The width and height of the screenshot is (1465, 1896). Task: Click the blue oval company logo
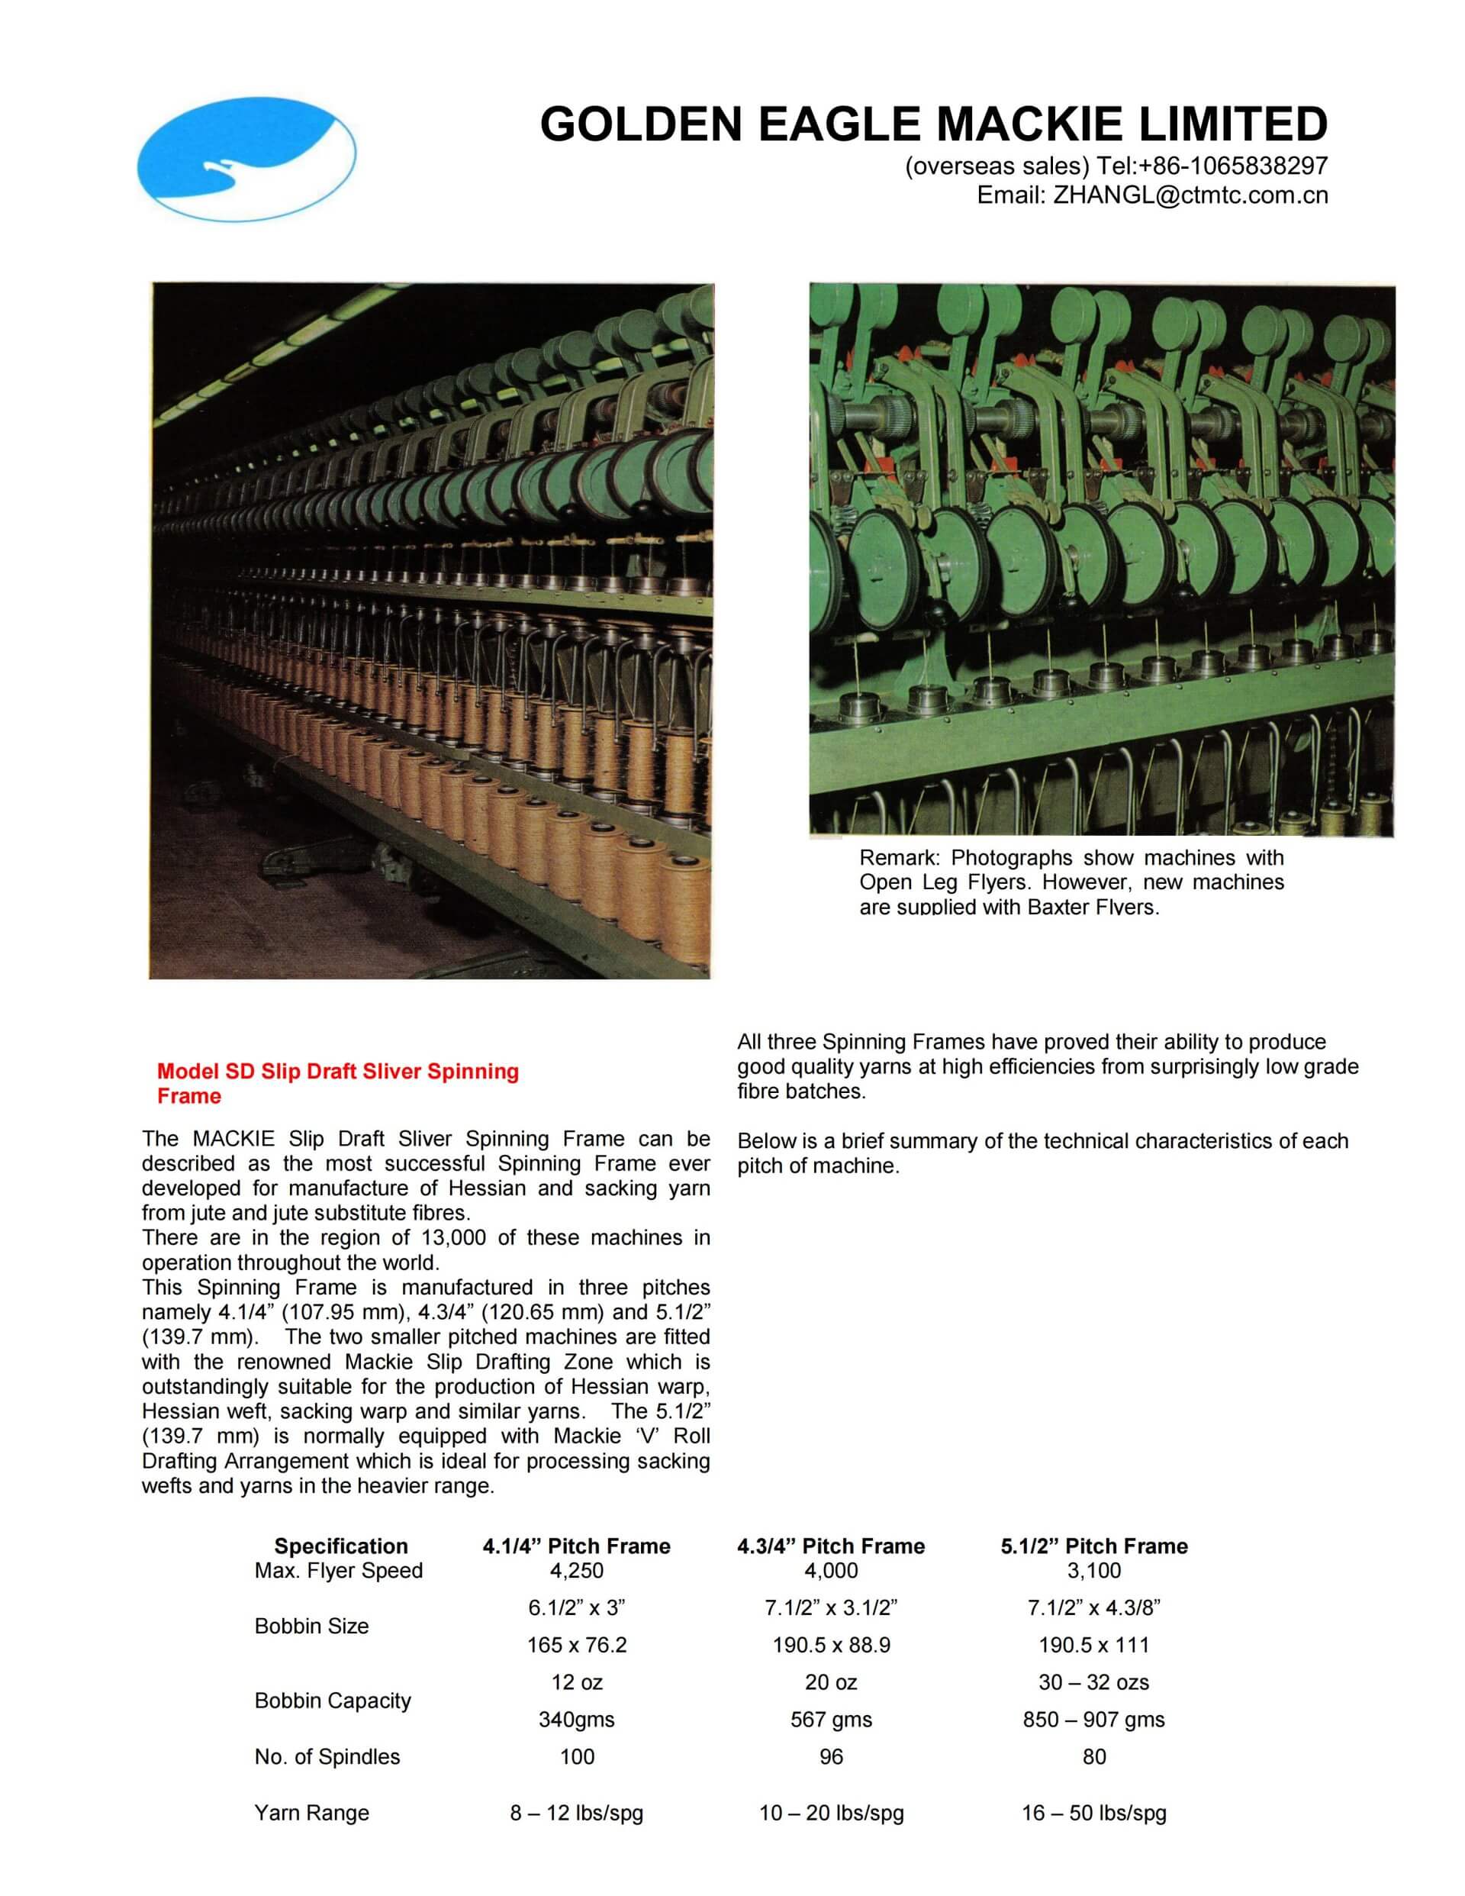pyautogui.click(x=246, y=159)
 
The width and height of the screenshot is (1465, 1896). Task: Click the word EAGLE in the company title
pyautogui.click(x=839, y=124)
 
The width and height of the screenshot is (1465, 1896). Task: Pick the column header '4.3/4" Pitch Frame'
pyautogui.click(x=831, y=1546)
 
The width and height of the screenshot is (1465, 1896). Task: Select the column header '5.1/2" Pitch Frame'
pyautogui.click(x=1093, y=1546)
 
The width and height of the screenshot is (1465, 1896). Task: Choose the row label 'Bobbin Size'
pyautogui.click(x=311, y=1626)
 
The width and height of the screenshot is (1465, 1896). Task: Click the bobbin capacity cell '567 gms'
pyautogui.click(x=831, y=1720)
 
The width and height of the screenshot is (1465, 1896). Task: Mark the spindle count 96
pyautogui.click(x=831, y=1757)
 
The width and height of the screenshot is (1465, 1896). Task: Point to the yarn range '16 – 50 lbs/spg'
pyautogui.click(x=1093, y=1813)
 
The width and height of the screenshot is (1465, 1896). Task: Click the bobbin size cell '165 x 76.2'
pyautogui.click(x=576, y=1645)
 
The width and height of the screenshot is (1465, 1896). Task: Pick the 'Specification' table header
pyautogui.click(x=341, y=1546)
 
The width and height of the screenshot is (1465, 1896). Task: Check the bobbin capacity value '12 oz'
pyautogui.click(x=576, y=1682)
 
